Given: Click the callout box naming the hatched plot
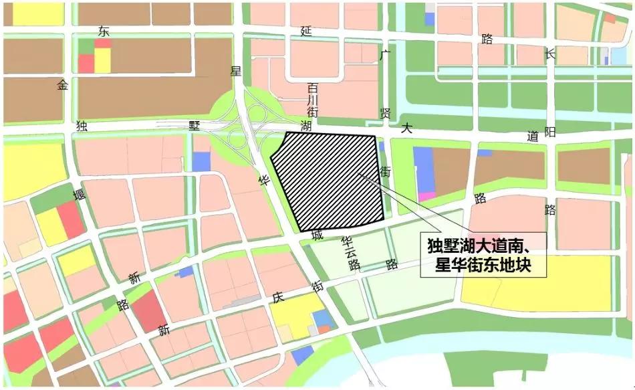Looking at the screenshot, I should tap(483, 255).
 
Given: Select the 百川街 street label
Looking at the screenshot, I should tap(312, 100).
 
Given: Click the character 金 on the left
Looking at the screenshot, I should tap(63, 85).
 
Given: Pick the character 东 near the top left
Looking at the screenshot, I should tap(102, 31).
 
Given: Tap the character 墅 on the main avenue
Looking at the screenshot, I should tap(195, 126).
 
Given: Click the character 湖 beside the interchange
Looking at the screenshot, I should tap(305, 126).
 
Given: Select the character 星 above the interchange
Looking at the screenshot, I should tap(235, 71).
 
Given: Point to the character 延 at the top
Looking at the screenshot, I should tap(306, 31).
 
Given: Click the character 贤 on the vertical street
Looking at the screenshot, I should tap(385, 112).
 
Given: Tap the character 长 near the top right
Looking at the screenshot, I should tap(549, 55).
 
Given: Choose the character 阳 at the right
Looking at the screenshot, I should tap(549, 132).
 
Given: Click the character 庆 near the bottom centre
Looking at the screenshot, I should tap(278, 297).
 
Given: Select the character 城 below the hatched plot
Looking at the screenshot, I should tap(317, 236).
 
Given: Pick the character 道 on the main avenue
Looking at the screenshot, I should tap(532, 136).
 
